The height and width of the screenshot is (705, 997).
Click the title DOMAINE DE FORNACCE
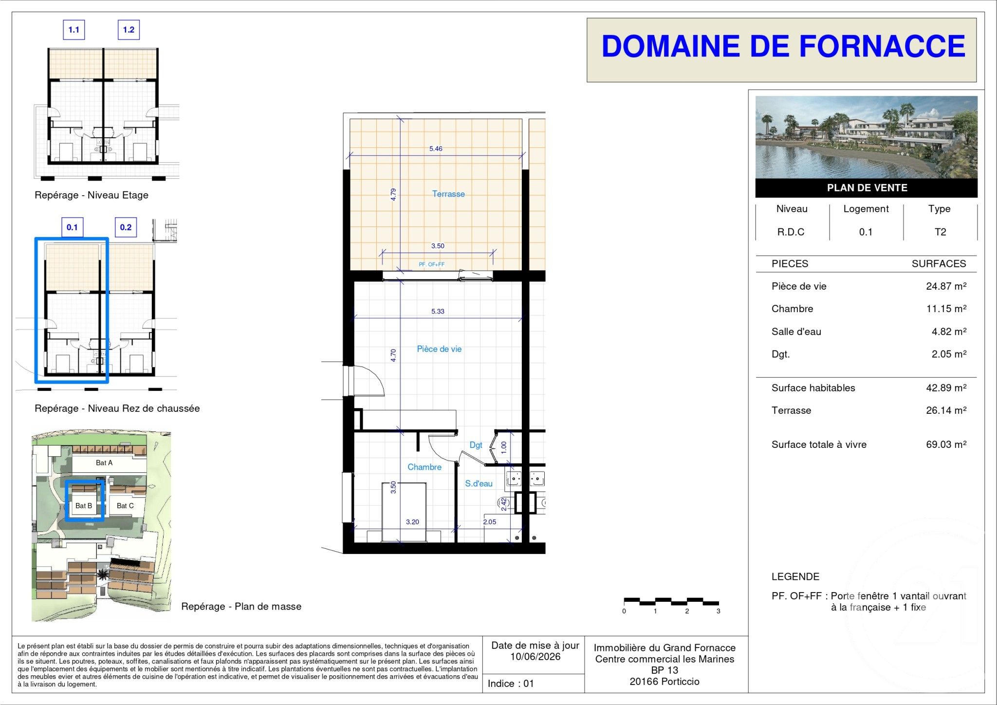click(x=783, y=47)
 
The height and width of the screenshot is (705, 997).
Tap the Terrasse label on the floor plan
click(x=448, y=194)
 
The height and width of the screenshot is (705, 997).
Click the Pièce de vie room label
click(x=439, y=349)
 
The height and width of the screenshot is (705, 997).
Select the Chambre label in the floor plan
click(x=425, y=467)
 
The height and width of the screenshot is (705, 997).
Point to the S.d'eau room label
click(x=479, y=483)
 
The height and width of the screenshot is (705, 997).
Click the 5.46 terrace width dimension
click(x=436, y=148)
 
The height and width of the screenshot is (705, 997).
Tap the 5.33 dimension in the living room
click(x=438, y=311)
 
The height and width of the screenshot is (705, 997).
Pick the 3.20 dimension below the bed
click(x=412, y=522)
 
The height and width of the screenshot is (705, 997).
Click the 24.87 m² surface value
click(x=946, y=286)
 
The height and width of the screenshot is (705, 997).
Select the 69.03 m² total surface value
click(x=946, y=444)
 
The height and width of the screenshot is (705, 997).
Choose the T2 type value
click(x=940, y=232)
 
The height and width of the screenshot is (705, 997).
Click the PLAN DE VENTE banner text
click(x=867, y=187)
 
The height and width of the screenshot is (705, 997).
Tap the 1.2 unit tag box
click(x=129, y=30)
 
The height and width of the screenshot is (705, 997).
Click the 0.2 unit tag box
click(x=126, y=227)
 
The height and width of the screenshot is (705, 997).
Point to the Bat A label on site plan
click(x=104, y=463)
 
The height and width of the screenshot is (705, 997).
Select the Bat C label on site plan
click(x=125, y=505)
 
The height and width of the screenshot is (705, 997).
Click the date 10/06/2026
click(x=535, y=656)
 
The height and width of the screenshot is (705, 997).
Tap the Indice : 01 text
click(x=511, y=684)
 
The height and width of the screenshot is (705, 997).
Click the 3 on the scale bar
click(x=718, y=611)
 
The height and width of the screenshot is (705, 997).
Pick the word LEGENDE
click(x=795, y=576)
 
